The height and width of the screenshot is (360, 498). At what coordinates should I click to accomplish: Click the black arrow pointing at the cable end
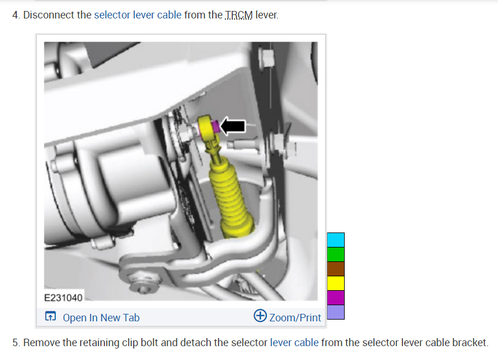pos(233,126)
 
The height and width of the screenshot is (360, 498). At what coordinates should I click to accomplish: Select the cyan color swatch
pos(335,240)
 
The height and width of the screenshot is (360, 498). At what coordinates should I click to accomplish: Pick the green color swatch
pos(335,254)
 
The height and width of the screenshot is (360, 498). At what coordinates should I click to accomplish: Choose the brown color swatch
pos(335,269)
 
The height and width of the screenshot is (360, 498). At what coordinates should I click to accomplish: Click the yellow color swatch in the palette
pos(335,283)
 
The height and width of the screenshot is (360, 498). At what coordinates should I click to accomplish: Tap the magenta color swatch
pos(335,298)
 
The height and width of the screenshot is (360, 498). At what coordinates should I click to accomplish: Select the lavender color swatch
pos(335,312)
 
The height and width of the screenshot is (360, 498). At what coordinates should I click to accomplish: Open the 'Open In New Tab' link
pos(101,317)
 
